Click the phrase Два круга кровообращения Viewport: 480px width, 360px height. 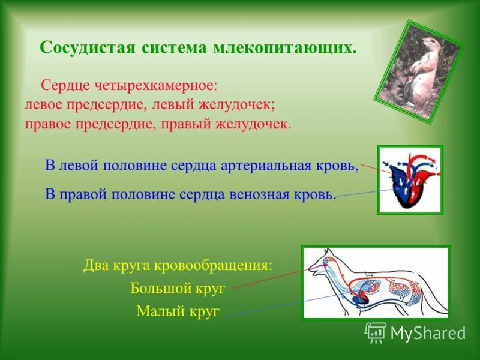click(178, 265)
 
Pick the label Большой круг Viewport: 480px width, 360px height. click(178, 288)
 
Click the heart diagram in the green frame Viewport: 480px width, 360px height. click(410, 179)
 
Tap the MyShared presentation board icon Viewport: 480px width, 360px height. click(376, 332)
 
